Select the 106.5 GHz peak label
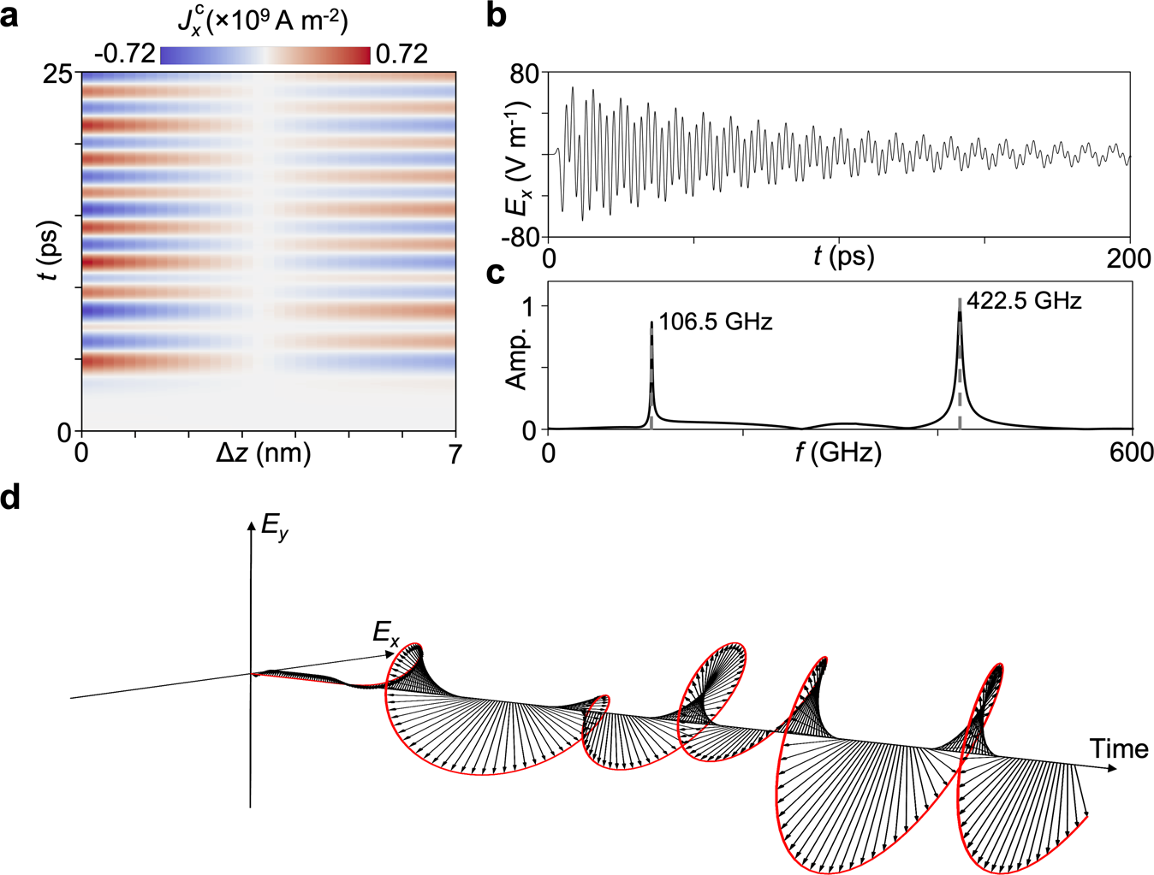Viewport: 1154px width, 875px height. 716,322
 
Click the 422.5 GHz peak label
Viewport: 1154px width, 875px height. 1024,301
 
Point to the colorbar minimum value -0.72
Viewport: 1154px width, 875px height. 125,54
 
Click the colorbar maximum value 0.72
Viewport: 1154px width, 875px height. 402,54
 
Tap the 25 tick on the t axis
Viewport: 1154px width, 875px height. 58,74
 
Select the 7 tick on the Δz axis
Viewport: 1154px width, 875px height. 455,453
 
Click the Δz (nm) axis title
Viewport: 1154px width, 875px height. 263,453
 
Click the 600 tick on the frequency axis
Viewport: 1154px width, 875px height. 1131,452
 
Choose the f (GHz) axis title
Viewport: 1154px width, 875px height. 838,452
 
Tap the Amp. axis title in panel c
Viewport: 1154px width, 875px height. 517,358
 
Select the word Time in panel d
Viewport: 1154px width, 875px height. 1119,748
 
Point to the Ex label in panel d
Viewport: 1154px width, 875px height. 386,634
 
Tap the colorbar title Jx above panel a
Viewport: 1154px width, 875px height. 263,21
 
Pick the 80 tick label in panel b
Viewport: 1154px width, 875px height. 524,74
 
